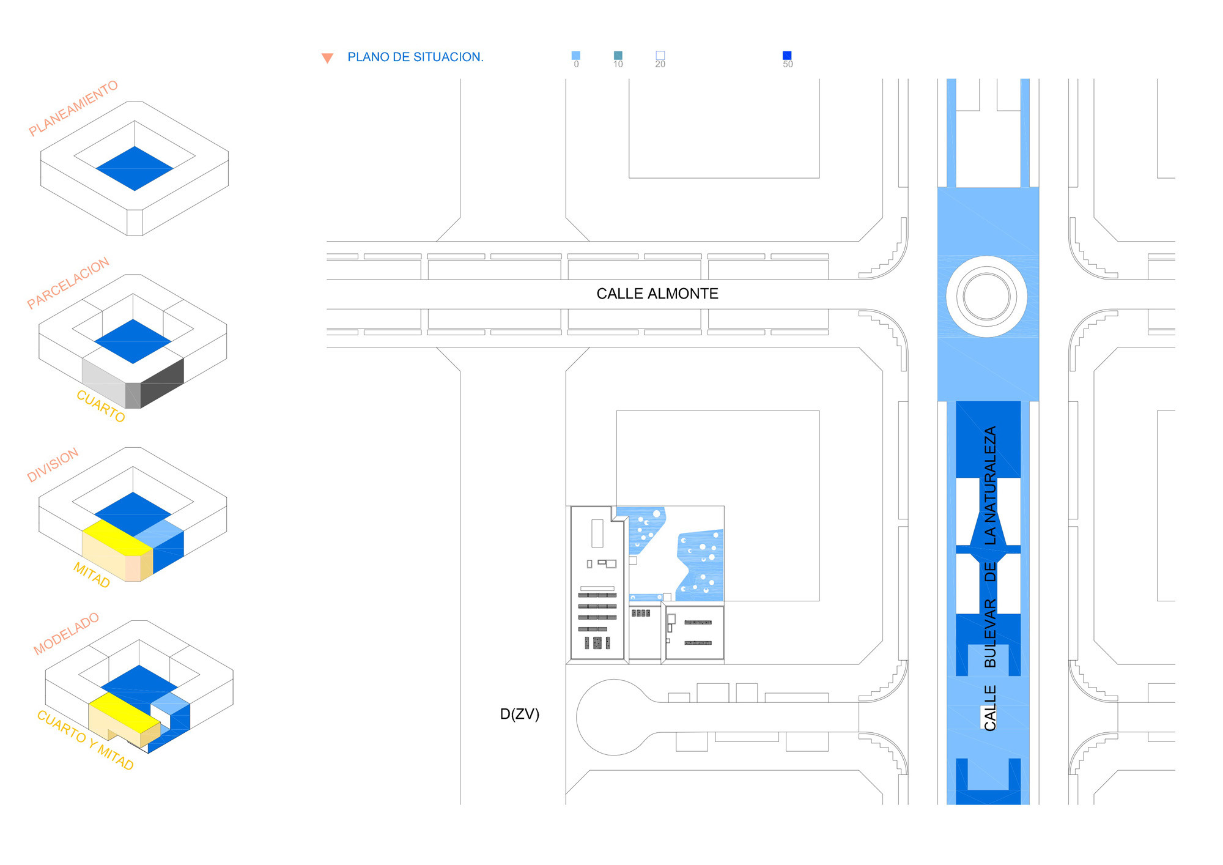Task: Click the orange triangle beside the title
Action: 327,58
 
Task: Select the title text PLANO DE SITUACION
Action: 415,57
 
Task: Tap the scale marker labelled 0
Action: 575,56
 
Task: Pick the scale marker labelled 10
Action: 618,56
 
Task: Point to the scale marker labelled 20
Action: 660,56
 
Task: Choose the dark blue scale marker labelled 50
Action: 787,56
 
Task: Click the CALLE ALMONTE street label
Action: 657,294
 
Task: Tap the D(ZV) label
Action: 519,714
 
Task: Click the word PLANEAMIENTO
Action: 73,108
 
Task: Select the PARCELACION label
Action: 68,283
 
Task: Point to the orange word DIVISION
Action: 53,464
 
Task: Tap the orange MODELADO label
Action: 66,634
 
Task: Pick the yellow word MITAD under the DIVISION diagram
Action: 92,575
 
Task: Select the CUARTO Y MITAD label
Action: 85,740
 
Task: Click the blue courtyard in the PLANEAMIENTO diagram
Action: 135,168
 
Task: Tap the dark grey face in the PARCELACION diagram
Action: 163,383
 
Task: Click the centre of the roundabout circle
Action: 986,296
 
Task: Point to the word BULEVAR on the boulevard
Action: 990,633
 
